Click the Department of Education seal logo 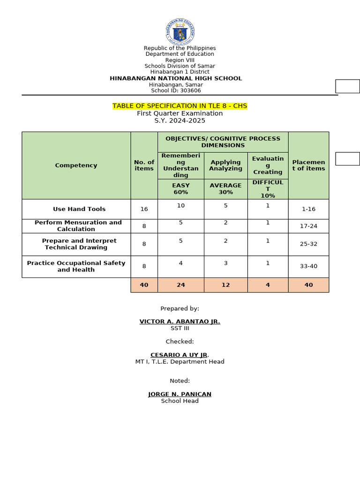[x=180, y=31]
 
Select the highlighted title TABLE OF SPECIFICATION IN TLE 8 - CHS [x=180, y=106]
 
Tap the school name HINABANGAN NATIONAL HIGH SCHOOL [x=176, y=78]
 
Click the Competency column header [x=76, y=165]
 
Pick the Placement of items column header [x=308, y=165]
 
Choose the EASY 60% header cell [x=180, y=189]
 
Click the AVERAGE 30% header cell [x=225, y=189]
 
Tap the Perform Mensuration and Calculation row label [x=78, y=226]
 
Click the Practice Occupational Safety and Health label [x=76, y=266]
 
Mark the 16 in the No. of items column [x=144, y=209]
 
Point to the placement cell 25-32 [x=308, y=244]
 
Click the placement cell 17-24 [x=308, y=226]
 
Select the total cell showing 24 [x=180, y=285]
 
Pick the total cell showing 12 [x=225, y=285]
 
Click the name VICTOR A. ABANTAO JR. [x=180, y=322]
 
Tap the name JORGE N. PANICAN [x=180, y=394]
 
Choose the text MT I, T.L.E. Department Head [x=180, y=361]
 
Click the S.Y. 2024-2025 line [x=180, y=120]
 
